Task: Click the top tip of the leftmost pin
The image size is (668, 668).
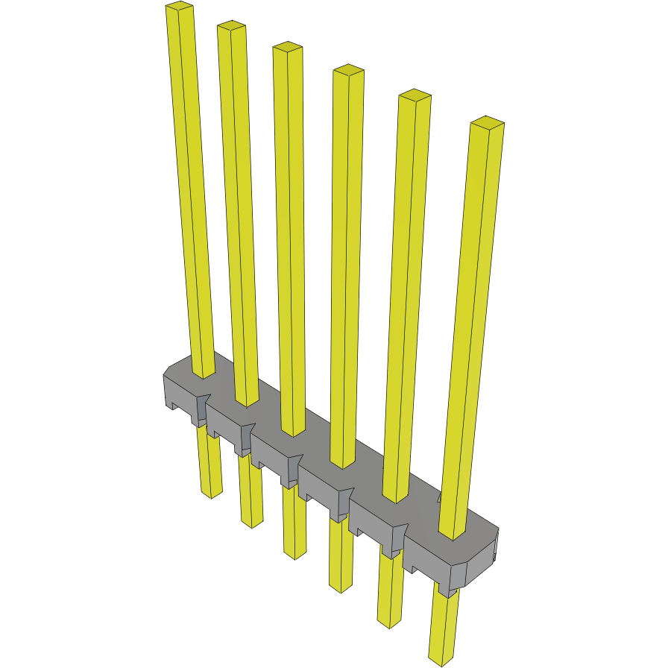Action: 180,7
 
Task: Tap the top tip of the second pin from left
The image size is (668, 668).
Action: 232,27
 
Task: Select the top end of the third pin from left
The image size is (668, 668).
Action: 287,47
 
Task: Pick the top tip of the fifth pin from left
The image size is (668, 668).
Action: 415,95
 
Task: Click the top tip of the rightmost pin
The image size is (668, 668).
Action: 488,122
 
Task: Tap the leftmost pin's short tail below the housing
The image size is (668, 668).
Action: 209,462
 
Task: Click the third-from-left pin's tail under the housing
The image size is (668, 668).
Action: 295,522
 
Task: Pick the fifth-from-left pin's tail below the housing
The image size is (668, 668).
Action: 389,589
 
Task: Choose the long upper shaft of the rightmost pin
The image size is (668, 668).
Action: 473,321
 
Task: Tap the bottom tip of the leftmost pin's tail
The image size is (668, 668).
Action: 213,494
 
